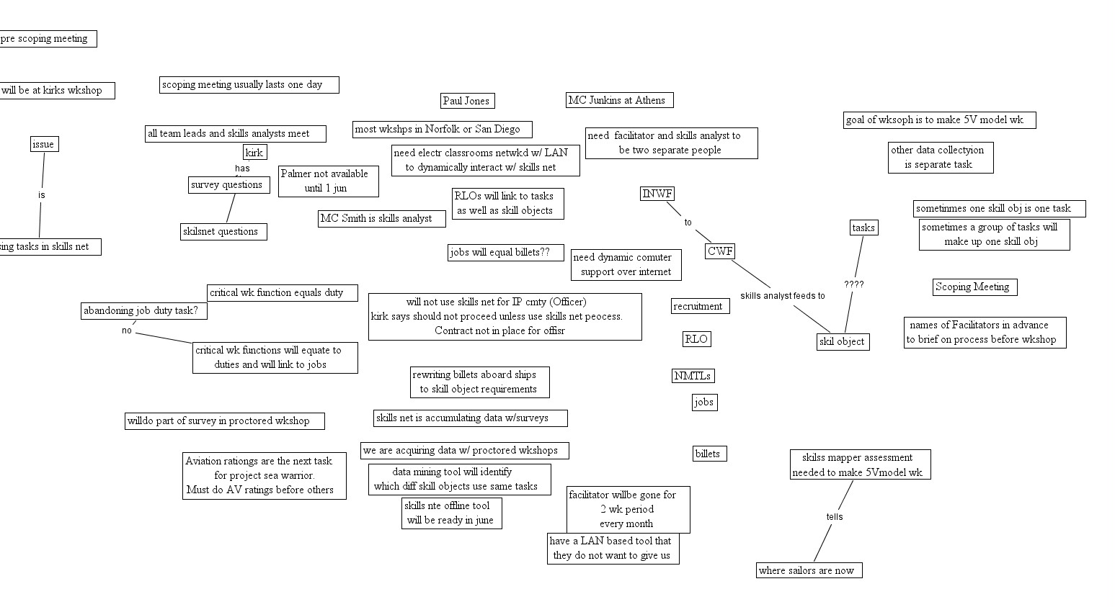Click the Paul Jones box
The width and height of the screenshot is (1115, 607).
(x=467, y=101)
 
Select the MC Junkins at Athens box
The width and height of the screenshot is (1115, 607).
(x=619, y=100)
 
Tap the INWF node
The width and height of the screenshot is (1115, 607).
(x=657, y=194)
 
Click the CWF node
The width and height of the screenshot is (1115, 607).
(x=719, y=251)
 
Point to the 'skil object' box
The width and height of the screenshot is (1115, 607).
(x=843, y=341)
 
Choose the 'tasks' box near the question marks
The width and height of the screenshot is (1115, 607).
(x=863, y=228)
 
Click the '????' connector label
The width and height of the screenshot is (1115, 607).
(x=853, y=284)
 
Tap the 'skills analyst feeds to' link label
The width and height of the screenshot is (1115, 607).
(x=782, y=296)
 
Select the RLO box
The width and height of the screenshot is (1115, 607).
(x=696, y=339)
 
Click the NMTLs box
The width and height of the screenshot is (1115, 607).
(x=693, y=376)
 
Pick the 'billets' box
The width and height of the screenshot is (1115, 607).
(x=708, y=454)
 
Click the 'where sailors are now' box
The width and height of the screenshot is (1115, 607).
(x=809, y=570)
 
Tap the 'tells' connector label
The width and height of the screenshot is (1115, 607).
(x=834, y=517)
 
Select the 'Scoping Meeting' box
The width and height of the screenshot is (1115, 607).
(x=974, y=287)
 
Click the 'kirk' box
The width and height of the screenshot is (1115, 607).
(x=254, y=152)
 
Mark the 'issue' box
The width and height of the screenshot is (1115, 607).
(x=44, y=144)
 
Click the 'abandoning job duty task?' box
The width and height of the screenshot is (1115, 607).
(x=144, y=311)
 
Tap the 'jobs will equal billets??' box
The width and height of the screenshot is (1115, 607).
(x=505, y=252)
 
